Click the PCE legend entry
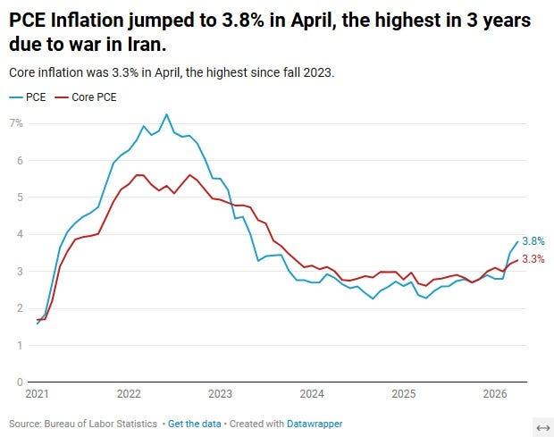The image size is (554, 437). [28, 97]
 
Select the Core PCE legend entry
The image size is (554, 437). [86, 97]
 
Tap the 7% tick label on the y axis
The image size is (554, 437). [16, 123]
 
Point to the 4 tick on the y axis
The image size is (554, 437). [20, 234]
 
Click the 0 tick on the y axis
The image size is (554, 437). [20, 382]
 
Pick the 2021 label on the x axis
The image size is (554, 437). [38, 394]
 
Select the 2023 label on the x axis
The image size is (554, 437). [220, 394]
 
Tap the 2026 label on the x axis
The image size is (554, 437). [495, 394]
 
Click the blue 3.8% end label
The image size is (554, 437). [533, 241]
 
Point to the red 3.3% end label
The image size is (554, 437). [533, 259]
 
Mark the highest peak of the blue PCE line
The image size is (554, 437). [167, 114]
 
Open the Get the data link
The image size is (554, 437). [194, 424]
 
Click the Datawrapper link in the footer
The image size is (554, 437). [315, 424]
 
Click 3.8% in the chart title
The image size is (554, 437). [243, 21]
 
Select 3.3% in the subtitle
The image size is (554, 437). [125, 72]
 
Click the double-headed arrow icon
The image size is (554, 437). [543, 428]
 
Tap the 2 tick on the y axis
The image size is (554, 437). [20, 308]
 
